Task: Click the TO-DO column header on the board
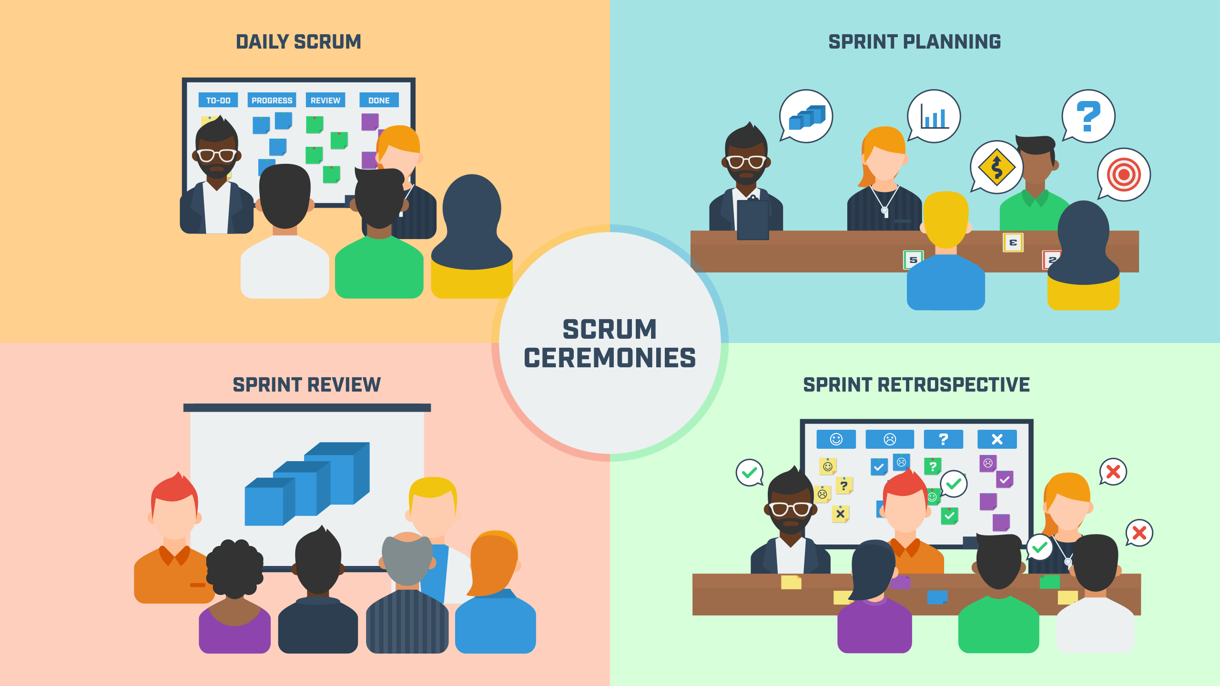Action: [x=218, y=100]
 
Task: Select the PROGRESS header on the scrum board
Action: [x=272, y=100]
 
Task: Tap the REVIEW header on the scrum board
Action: [x=325, y=100]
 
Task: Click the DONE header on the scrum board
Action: [x=379, y=100]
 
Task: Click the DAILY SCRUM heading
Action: [x=298, y=42]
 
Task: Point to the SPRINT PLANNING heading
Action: [x=915, y=42]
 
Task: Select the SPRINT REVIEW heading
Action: [x=306, y=384]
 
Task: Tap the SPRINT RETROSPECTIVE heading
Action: [x=916, y=384]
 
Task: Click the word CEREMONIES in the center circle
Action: [x=610, y=358]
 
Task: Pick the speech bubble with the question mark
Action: [x=1088, y=116]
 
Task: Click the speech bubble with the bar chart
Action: [x=934, y=116]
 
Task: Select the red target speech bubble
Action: [x=1124, y=175]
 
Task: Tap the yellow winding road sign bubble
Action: [x=996, y=167]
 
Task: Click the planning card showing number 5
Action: [x=913, y=260]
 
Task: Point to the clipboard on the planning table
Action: [x=753, y=219]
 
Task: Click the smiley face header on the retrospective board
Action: [x=836, y=439]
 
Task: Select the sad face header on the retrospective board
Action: [x=890, y=439]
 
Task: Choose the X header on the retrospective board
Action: [x=997, y=439]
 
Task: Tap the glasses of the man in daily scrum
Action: [x=217, y=155]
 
